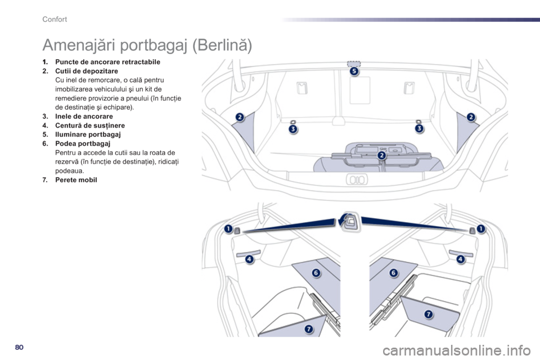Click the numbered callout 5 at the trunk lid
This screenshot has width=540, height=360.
tap(354, 71)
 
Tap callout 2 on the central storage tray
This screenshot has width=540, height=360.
tap(381, 155)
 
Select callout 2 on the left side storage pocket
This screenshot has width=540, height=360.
tap(240, 117)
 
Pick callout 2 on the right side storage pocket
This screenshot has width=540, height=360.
tap(470, 117)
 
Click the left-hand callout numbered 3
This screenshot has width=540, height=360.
tap(293, 129)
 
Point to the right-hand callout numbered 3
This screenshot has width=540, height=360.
tap(419, 129)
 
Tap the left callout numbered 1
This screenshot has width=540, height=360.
tap(228, 228)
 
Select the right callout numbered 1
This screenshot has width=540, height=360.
tap(481, 228)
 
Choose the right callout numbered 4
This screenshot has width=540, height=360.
tap(460, 259)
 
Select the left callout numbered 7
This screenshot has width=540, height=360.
tap(308, 328)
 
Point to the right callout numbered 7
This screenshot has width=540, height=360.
tap(428, 314)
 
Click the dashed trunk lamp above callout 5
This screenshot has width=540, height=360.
tap(354, 63)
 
